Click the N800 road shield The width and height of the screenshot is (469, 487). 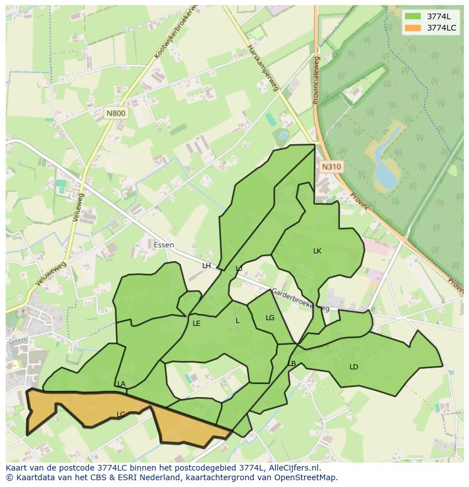click(x=116, y=113)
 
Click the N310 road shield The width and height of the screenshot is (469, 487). click(x=331, y=166)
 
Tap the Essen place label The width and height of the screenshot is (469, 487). click(x=164, y=245)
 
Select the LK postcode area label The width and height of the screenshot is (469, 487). click(x=317, y=251)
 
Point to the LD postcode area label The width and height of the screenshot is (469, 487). click(x=354, y=367)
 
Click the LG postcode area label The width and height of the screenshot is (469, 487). click(x=270, y=318)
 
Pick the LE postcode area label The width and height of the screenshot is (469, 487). click(x=197, y=324)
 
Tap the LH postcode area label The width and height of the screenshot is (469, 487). click(x=206, y=266)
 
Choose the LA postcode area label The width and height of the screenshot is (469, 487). click(x=121, y=384)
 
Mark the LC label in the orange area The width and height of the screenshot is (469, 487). click(x=121, y=415)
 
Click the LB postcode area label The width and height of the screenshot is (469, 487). click(x=292, y=364)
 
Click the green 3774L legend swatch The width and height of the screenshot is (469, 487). click(x=413, y=16)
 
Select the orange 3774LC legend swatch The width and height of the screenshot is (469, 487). click(x=413, y=28)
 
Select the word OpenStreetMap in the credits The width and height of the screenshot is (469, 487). click(x=308, y=477)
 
